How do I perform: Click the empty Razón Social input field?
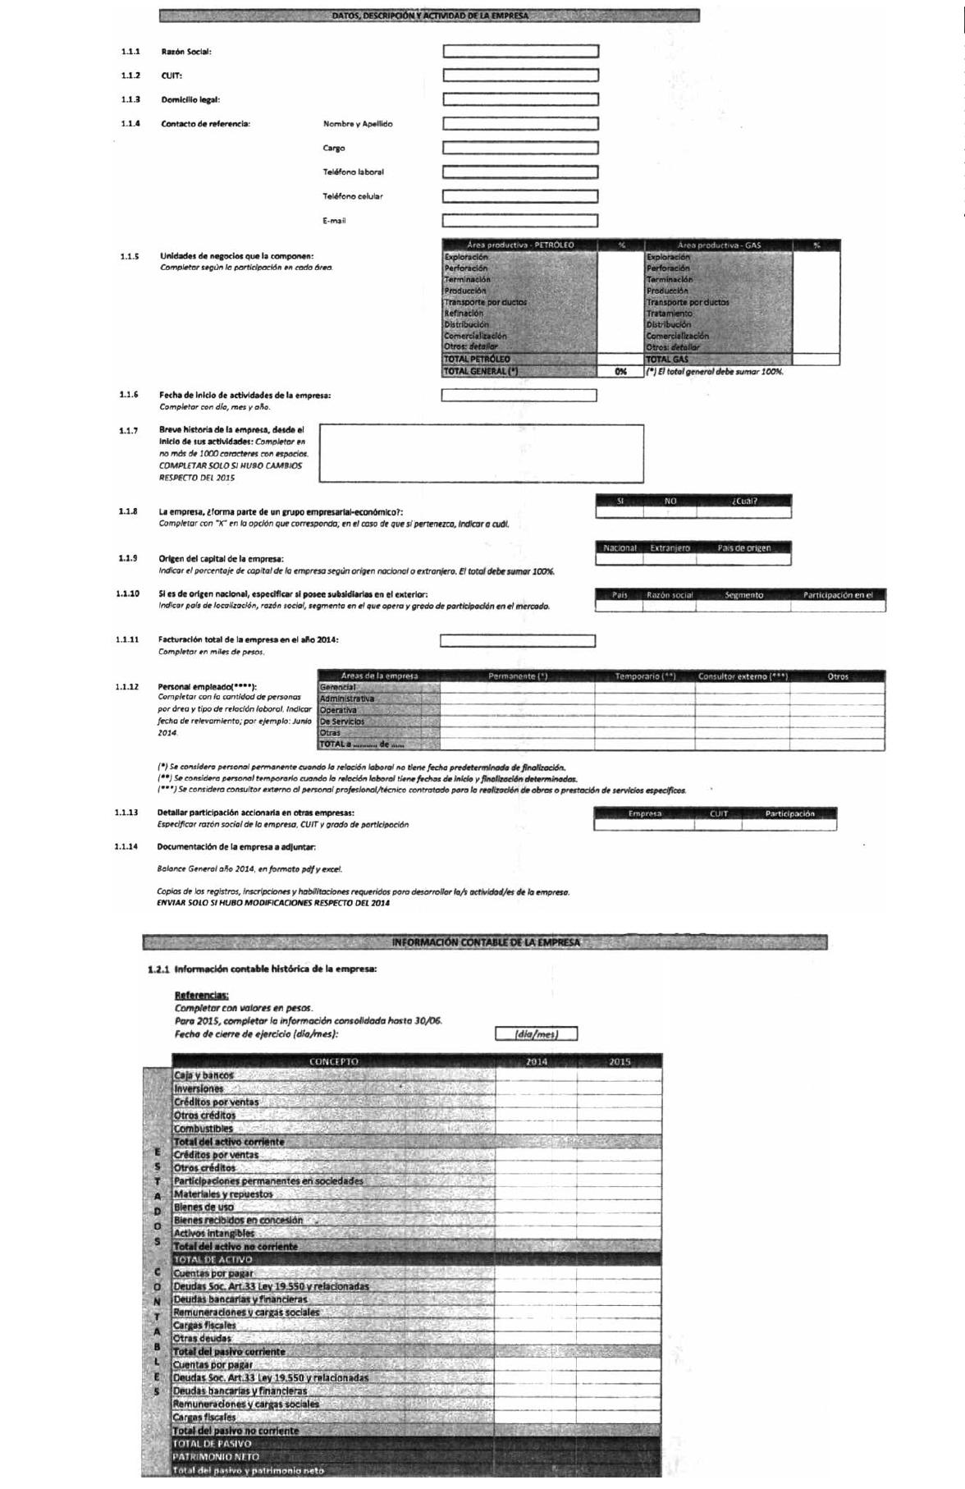tap(520, 52)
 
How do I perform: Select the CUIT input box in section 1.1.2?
tap(520, 76)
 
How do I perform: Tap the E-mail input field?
tap(519, 221)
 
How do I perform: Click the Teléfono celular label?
tap(352, 196)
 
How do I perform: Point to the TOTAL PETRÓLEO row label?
tap(477, 360)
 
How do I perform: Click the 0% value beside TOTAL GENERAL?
tap(620, 372)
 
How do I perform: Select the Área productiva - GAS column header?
tap(718, 245)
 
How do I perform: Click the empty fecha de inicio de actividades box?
tap(519, 396)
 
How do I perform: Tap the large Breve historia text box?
tap(481, 453)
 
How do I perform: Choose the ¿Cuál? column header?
tap(743, 501)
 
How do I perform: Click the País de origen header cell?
tap(743, 548)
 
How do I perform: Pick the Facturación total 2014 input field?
tap(517, 641)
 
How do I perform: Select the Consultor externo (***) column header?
tap(743, 676)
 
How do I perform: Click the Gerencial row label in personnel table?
tap(338, 687)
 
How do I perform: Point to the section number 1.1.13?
tap(126, 813)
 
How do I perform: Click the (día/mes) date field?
tap(536, 1034)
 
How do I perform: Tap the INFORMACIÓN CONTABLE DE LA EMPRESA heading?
tap(485, 942)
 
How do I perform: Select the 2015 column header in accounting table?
tap(620, 1062)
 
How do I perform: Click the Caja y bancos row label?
tap(204, 1075)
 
